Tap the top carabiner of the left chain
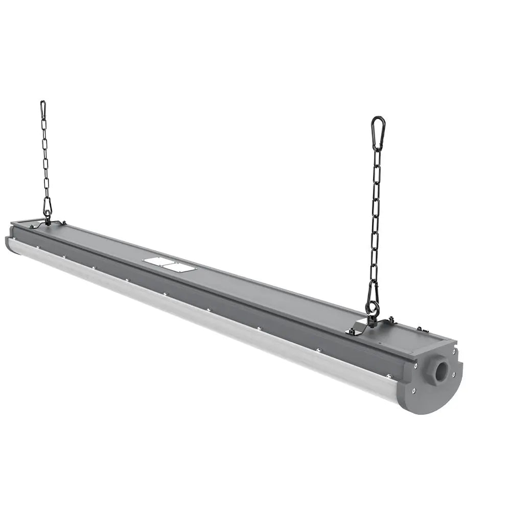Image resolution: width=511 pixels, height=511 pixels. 43,109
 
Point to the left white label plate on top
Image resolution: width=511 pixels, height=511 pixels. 158,262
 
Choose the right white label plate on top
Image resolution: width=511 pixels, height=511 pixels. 179,267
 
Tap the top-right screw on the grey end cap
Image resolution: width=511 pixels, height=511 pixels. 454,351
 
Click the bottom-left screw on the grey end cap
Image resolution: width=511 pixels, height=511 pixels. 413,391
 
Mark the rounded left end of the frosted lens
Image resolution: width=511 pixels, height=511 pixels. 10,245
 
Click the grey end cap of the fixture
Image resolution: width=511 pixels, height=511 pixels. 432,381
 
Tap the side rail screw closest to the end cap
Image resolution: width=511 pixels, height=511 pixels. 389,376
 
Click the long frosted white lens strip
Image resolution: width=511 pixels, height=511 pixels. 204,327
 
